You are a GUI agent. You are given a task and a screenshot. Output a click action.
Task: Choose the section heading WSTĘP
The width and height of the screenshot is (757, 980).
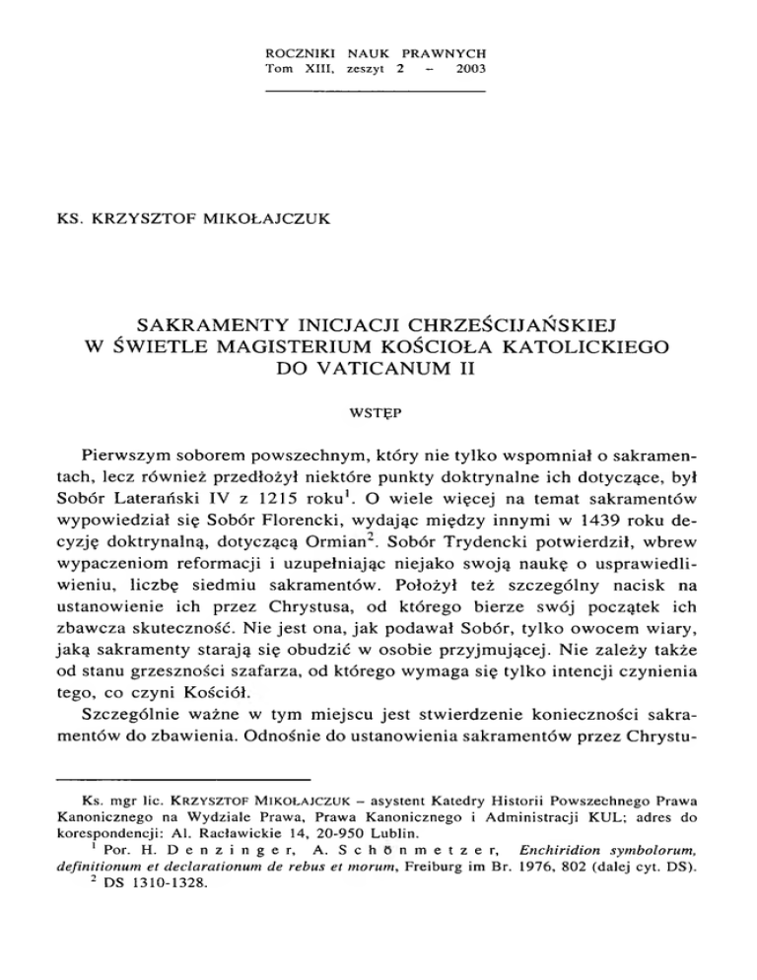click(378, 417)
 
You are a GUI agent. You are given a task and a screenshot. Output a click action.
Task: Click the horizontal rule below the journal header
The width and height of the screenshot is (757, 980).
click(378, 92)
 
